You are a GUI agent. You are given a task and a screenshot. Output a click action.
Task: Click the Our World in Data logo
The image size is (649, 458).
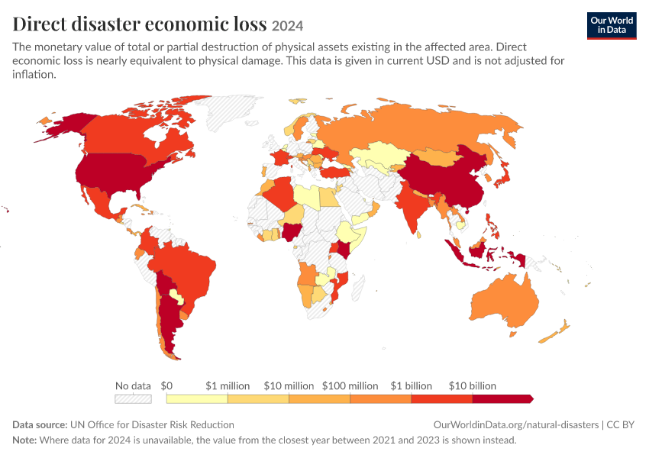612,26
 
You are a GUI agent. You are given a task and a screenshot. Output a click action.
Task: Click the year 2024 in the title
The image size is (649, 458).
288,26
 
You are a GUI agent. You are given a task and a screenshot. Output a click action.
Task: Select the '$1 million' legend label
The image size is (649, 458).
228,386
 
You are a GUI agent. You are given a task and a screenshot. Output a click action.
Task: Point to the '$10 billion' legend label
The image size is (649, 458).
473,386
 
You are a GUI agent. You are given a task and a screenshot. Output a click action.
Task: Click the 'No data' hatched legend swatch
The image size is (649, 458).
133,398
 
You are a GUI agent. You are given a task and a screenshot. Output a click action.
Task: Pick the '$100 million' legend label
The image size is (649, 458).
350,386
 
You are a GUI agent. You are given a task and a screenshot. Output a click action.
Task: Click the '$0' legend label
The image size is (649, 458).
166,386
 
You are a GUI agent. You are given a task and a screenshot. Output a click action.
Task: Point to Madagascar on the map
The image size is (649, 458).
358,288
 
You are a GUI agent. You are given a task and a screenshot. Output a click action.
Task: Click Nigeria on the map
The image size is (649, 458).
291,233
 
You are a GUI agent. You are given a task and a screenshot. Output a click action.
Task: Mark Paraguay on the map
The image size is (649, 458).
176,295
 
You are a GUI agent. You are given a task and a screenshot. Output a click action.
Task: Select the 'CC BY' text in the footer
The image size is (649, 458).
620,425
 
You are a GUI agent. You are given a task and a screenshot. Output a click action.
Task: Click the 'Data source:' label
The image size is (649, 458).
40,425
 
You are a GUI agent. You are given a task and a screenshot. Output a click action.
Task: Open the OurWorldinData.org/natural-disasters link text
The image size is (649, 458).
515,425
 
